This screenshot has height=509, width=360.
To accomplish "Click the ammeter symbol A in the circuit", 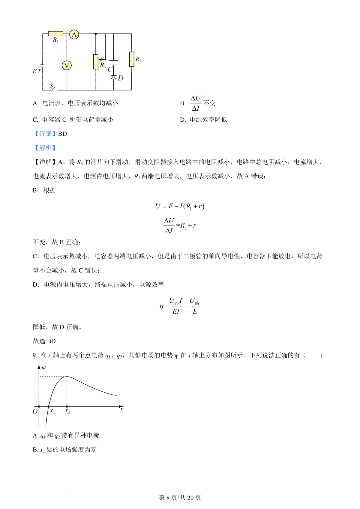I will (x=74, y=34).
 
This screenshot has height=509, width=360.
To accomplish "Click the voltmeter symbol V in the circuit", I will (x=67, y=65).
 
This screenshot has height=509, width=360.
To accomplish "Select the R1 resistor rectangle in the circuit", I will (x=55, y=34).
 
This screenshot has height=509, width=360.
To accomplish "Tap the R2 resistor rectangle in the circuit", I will (x=131, y=59).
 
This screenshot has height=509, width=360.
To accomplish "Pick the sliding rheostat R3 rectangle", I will (x=96, y=62).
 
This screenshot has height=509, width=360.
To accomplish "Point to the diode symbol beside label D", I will (x=113, y=77).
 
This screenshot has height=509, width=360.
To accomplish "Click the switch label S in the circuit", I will (x=51, y=86).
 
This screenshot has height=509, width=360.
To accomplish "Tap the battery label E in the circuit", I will (x=34, y=71).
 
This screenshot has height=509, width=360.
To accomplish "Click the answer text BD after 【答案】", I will (x=62, y=134).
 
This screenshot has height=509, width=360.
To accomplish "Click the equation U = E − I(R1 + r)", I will (x=179, y=206).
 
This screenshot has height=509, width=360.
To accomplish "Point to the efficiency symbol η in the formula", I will (x=162, y=306).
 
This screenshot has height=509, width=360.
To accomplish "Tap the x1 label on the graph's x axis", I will (x=52, y=411).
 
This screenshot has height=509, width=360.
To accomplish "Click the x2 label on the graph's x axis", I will (x=67, y=411).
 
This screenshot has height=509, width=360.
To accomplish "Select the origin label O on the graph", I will (x=35, y=412).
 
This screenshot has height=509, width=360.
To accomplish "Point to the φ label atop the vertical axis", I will (x=44, y=368).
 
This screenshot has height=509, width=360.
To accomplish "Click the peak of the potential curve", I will (x=67, y=377).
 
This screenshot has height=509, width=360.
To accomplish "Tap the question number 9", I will (x=35, y=355).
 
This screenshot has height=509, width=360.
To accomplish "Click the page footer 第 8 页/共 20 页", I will (x=180, y=498).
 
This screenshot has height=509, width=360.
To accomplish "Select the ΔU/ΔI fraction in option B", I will (x=196, y=103).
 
